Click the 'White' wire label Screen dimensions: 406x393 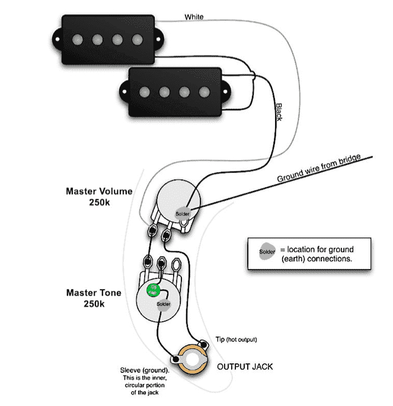click(194, 17)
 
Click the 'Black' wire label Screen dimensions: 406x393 click(278, 111)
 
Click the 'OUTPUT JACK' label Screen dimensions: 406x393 click(245, 367)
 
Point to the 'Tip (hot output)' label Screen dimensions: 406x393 click(235, 340)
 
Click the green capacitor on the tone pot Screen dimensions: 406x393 click(153, 290)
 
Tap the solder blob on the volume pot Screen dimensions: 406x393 click(183, 212)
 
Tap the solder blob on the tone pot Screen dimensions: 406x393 click(164, 304)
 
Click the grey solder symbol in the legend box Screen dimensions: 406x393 click(267, 252)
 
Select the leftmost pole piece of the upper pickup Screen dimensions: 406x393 click(77, 40)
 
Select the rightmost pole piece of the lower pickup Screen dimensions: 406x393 click(205, 92)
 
